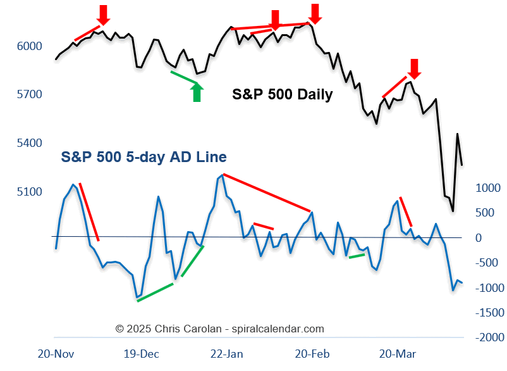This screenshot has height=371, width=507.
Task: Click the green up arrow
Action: [197, 92]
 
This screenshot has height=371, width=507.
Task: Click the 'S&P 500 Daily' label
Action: [282, 96]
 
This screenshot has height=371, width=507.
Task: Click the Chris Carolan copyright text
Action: [219, 329]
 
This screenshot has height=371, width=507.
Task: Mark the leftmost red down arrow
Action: [104, 14]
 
